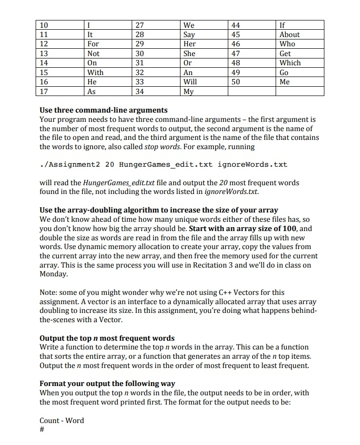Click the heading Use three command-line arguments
(103, 110)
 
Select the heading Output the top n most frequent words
(107, 338)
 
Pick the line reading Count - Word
(61, 420)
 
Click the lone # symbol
(42, 430)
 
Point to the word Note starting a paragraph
(48, 292)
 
